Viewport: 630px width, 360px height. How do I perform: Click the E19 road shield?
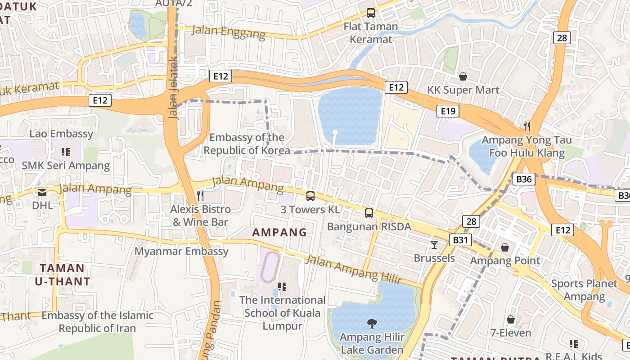click(448, 111)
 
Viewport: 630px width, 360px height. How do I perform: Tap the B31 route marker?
click(460, 240)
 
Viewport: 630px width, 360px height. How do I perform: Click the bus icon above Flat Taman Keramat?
click(370, 13)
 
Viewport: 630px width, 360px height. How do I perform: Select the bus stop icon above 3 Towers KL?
click(310, 196)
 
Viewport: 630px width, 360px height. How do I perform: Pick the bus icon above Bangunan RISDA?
click(369, 213)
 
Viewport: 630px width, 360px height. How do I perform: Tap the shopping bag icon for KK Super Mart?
click(463, 76)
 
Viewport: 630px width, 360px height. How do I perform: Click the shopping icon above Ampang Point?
click(505, 247)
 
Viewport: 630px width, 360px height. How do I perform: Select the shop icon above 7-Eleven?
click(510, 319)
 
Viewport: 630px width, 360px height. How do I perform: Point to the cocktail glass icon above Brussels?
click(434, 245)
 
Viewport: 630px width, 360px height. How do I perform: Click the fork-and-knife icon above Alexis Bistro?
click(201, 195)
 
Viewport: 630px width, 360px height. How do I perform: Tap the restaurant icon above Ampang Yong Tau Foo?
click(527, 126)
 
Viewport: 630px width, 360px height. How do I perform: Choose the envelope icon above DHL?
click(42, 192)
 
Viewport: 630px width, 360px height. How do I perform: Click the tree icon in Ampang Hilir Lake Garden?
click(372, 323)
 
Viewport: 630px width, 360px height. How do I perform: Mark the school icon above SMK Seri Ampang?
click(66, 152)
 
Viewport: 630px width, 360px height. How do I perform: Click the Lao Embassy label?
click(61, 134)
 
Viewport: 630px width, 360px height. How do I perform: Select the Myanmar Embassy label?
click(181, 251)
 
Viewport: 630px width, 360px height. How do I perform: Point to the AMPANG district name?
click(279, 233)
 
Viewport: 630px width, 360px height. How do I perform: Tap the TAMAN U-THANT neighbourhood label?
click(62, 275)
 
